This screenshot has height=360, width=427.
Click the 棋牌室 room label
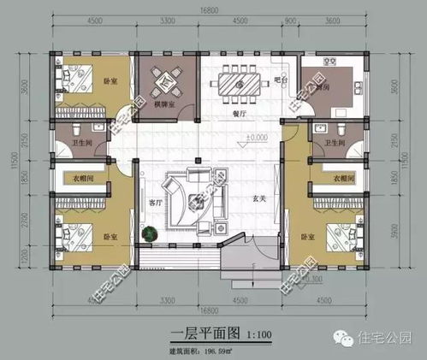coord(164,104)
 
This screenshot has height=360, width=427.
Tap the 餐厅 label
coord(240,112)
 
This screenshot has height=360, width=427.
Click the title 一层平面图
coord(197,333)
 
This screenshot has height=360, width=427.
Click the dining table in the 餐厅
coord(239,82)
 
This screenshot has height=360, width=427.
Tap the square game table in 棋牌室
coord(166,80)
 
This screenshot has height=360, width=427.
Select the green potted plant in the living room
coord(151,231)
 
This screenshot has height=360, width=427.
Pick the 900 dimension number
coord(289,22)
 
